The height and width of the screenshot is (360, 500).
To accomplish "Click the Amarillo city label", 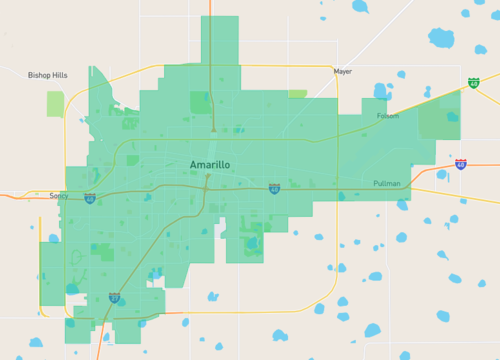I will click(210, 163).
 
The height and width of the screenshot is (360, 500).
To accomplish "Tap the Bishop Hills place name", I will click(48, 75).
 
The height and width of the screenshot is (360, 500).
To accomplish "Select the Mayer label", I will click(343, 72).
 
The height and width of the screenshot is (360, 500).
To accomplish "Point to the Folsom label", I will click(387, 116).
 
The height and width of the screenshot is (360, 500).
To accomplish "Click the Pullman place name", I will click(386, 184).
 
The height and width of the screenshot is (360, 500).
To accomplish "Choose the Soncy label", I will click(59, 196).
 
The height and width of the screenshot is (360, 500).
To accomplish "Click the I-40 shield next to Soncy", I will click(90, 198).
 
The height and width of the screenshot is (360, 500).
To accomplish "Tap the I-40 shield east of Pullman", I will click(460, 164).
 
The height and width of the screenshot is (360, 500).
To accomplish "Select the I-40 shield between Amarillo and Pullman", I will click(274, 188).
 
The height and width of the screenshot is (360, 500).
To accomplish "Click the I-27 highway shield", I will click(114, 297).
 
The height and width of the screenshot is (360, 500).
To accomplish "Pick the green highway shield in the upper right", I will click(472, 82).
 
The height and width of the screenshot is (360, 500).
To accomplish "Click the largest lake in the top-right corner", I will click(442, 39).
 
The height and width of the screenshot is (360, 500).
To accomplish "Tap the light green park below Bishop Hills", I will click(55, 103).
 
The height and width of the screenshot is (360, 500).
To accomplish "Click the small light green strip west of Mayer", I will click(297, 94).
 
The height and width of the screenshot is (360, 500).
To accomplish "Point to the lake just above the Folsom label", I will click(380, 92).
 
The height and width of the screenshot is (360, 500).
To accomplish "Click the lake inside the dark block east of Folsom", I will click(452, 117).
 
